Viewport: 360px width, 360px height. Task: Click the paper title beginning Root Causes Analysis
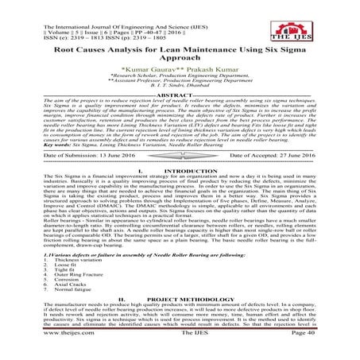[180, 53]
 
